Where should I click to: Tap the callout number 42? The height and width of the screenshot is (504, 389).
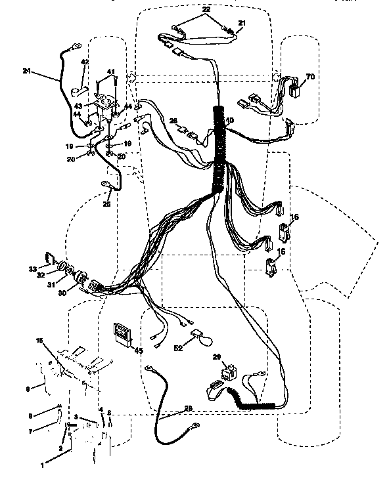point(85,62)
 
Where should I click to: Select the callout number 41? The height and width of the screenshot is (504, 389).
point(111,72)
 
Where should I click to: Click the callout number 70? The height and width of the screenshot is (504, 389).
point(311,76)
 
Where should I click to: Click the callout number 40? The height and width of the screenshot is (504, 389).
point(229,120)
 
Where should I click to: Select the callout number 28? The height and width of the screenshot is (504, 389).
point(189,408)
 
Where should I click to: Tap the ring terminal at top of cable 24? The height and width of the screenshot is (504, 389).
point(76,46)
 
